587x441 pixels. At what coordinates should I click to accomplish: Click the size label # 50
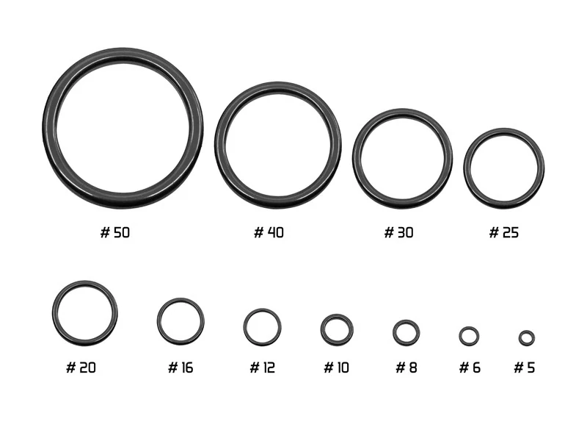pos(115,232)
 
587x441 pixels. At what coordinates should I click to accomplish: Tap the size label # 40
pos(269,232)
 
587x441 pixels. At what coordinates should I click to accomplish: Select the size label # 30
pos(398,232)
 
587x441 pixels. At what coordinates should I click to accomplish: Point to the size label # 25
pos(504,232)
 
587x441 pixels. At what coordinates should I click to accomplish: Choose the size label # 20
pos(81,367)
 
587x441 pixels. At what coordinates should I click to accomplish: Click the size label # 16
pos(181,367)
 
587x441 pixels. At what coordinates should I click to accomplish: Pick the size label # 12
pos(262,367)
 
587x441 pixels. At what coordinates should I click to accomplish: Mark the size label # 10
pos(336,367)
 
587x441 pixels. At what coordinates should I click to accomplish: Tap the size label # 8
pos(406,367)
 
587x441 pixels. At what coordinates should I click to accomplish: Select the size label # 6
pos(470,367)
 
